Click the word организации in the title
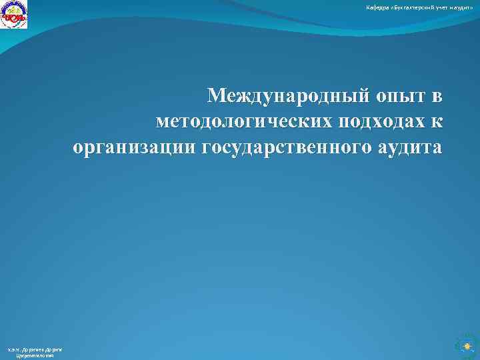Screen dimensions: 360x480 [135, 146]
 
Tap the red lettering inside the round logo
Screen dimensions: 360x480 [14, 17]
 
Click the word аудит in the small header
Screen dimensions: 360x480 [464, 7]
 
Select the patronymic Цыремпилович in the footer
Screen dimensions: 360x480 [34, 356]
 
